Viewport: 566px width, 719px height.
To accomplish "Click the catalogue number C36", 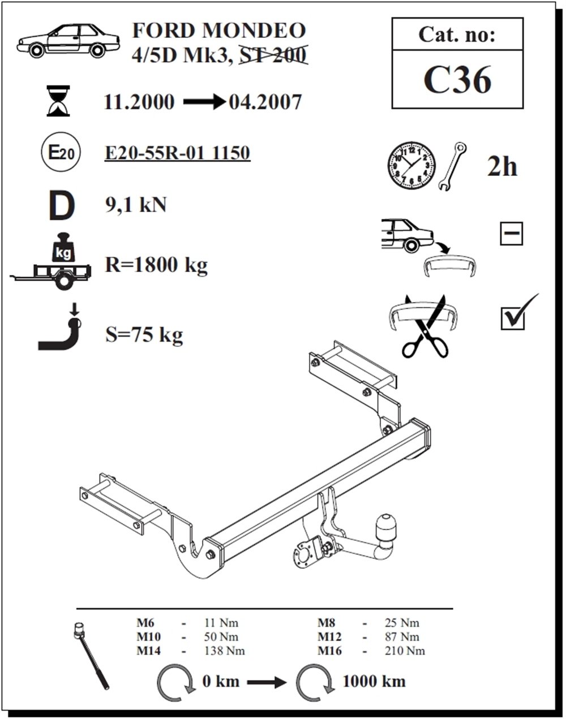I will pos(457,80).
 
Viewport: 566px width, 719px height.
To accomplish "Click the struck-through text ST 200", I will pos(273,54).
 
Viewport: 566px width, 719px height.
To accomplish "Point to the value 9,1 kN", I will pos(136,204).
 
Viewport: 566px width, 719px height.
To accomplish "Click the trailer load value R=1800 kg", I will pos(156,264).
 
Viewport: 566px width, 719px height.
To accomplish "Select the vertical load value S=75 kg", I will pos(144,335).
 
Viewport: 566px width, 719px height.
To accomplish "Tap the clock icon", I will pos(411,165).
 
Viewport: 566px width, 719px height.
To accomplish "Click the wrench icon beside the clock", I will pos(453,166).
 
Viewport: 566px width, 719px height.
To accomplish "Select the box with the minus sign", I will pos(512,234).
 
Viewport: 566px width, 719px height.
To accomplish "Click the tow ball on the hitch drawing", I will pos(387,526).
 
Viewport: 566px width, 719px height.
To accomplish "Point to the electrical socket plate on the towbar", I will pos(303,550).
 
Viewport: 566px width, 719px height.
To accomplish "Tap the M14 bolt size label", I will pos(148,651).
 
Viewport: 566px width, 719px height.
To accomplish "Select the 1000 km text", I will pos(374,681).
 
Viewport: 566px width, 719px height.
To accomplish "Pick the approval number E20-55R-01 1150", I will pos(177,153).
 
